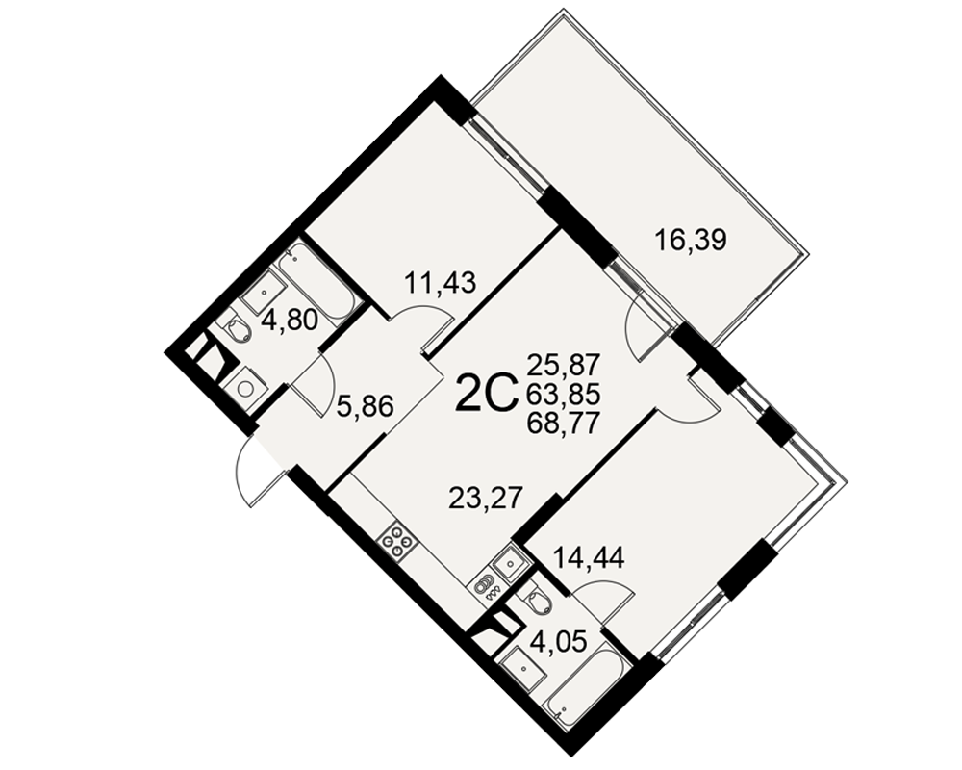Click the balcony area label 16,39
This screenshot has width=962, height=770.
(691, 240)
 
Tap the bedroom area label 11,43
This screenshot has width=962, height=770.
(440, 284)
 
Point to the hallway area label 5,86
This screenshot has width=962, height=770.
(365, 406)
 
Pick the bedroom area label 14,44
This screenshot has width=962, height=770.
(589, 558)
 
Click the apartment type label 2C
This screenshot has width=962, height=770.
(484, 395)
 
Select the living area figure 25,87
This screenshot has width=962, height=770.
(563, 366)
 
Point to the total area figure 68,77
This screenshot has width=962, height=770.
(563, 423)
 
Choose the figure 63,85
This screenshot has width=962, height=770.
(563, 395)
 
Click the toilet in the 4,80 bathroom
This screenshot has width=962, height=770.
(237, 329)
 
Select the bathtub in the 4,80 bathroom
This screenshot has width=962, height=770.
(316, 283)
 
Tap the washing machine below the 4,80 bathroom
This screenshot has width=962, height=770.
(246, 388)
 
